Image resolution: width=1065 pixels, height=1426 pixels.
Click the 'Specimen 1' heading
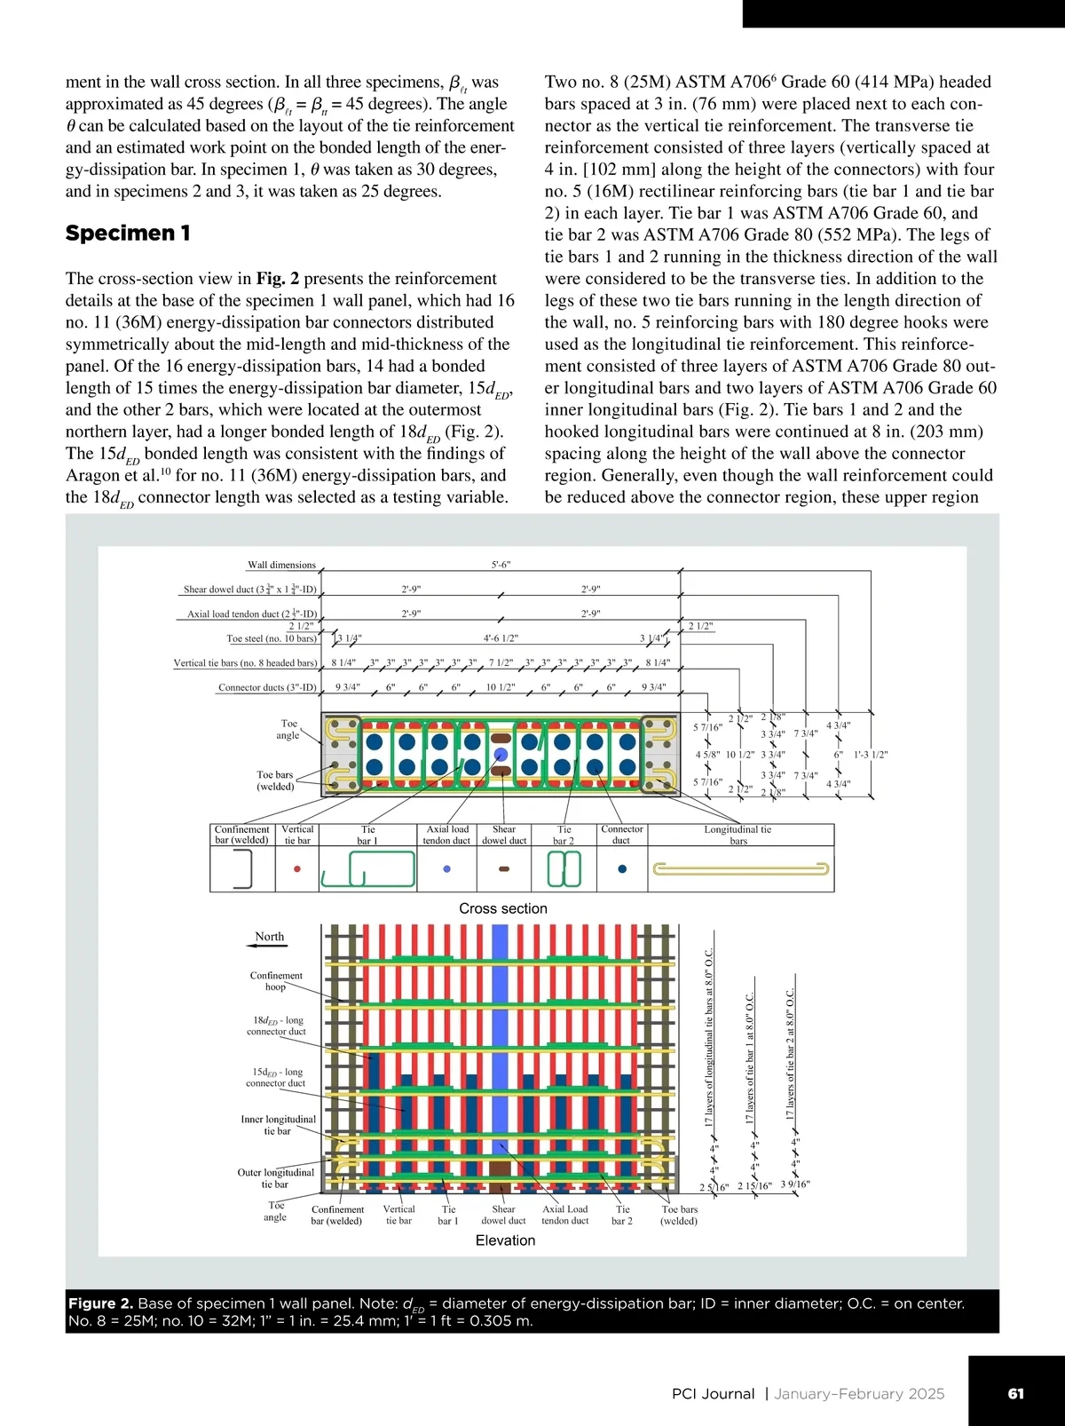pyautogui.click(x=128, y=234)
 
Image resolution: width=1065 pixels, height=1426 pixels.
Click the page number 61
pyautogui.click(x=1016, y=1393)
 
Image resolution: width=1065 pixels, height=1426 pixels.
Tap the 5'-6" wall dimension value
pyautogui.click(x=501, y=565)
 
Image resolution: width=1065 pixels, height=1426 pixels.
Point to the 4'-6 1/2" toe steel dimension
pyautogui.click(x=501, y=638)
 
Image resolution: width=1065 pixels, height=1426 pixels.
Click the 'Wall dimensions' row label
pyautogui.click(x=281, y=565)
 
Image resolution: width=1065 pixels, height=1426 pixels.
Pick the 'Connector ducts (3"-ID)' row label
pyautogui.click(x=267, y=687)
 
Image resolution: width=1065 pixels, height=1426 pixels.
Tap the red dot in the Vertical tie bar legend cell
pyautogui.click(x=297, y=869)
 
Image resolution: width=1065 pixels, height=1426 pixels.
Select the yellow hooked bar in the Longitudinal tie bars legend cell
pyautogui.click(x=740, y=868)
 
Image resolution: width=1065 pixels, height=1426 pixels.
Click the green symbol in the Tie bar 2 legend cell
pyautogui.click(x=564, y=868)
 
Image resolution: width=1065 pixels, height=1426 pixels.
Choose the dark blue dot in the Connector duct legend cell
pyautogui.click(x=622, y=869)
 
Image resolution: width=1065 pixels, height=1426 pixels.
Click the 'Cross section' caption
pyautogui.click(x=503, y=908)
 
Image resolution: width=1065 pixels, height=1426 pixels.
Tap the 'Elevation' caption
pyautogui.click(x=505, y=1240)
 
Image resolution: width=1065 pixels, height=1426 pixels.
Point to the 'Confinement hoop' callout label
pyautogui.click(x=276, y=980)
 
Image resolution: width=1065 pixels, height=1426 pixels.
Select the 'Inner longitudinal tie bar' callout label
pyautogui.click(x=278, y=1125)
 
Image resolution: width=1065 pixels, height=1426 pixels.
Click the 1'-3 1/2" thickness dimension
pyautogui.click(x=871, y=755)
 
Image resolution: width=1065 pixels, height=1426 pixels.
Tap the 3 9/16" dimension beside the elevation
pyautogui.click(x=795, y=1184)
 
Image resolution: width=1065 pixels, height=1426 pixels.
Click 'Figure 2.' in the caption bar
pyautogui.click(x=100, y=1303)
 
